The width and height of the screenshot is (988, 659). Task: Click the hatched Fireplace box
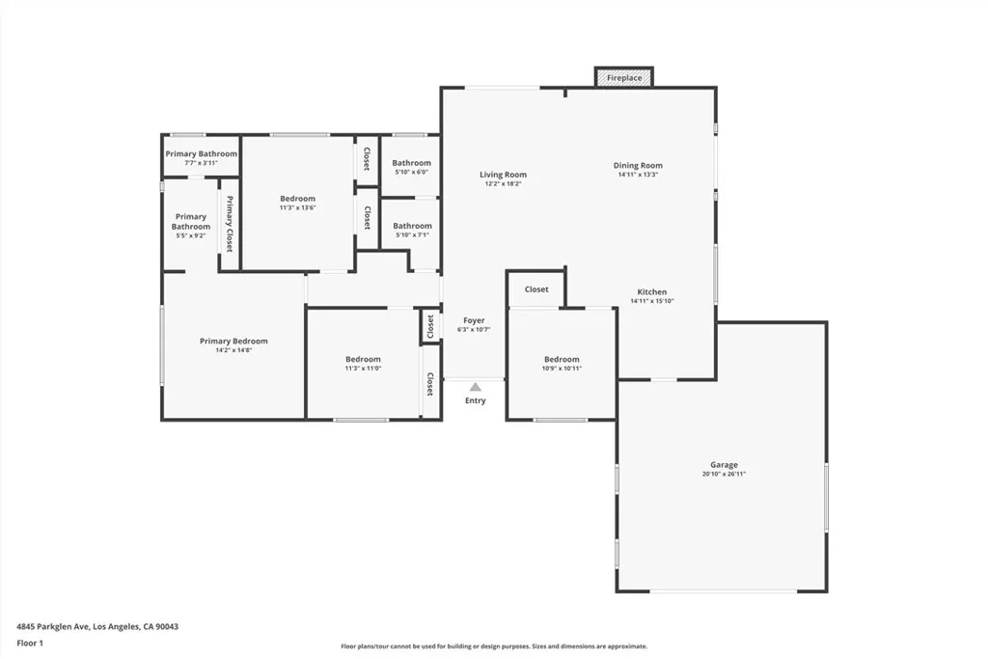[624, 77]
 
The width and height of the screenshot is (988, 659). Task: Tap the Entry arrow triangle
[475, 387]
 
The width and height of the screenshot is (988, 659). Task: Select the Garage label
[724, 465]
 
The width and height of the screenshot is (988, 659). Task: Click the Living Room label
[503, 175]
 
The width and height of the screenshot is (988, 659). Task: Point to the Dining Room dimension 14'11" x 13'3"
[638, 176]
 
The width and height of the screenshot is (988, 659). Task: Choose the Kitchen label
[651, 292]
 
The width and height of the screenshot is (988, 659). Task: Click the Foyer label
[474, 320]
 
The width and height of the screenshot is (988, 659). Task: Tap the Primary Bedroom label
[233, 341]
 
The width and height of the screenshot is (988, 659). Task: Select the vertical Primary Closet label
[230, 224]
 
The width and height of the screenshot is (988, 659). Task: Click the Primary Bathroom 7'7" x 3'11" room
[201, 158]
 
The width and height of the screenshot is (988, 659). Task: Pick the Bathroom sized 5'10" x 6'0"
[411, 167]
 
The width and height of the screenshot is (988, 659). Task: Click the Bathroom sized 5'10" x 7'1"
[412, 230]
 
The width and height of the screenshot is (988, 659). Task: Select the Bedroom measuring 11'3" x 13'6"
[297, 203]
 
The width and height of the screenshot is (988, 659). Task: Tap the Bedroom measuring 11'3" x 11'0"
[363, 363]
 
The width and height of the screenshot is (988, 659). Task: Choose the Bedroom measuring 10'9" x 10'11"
[562, 363]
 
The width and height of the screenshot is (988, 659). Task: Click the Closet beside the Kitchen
[536, 289]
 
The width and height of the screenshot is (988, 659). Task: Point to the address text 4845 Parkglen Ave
[97, 626]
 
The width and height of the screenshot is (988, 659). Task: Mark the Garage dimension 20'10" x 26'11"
[724, 474]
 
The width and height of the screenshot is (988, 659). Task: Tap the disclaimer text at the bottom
[493, 646]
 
